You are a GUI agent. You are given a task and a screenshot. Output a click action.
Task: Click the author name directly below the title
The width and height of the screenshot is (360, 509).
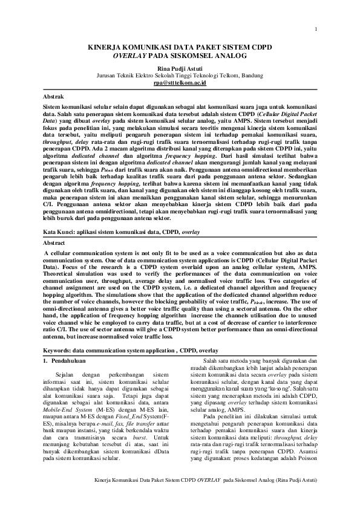(180, 68)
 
